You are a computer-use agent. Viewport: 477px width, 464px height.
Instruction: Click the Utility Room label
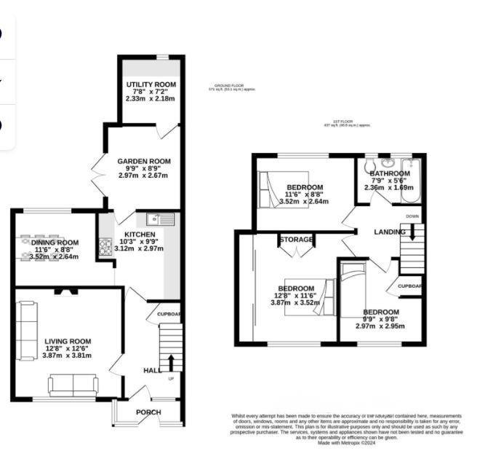click(151, 84)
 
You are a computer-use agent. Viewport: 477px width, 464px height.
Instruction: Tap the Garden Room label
click(144, 161)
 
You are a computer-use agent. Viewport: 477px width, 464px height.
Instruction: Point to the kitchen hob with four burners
click(106, 248)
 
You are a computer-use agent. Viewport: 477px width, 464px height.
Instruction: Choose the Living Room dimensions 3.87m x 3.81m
click(68, 357)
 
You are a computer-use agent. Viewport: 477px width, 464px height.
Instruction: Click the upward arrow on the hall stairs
click(172, 361)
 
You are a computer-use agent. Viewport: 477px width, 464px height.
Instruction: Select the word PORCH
click(148, 412)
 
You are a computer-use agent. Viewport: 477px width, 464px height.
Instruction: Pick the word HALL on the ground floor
click(152, 371)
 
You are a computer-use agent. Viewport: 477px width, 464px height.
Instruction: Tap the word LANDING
click(390, 232)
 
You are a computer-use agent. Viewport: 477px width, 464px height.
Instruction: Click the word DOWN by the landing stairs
click(412, 216)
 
